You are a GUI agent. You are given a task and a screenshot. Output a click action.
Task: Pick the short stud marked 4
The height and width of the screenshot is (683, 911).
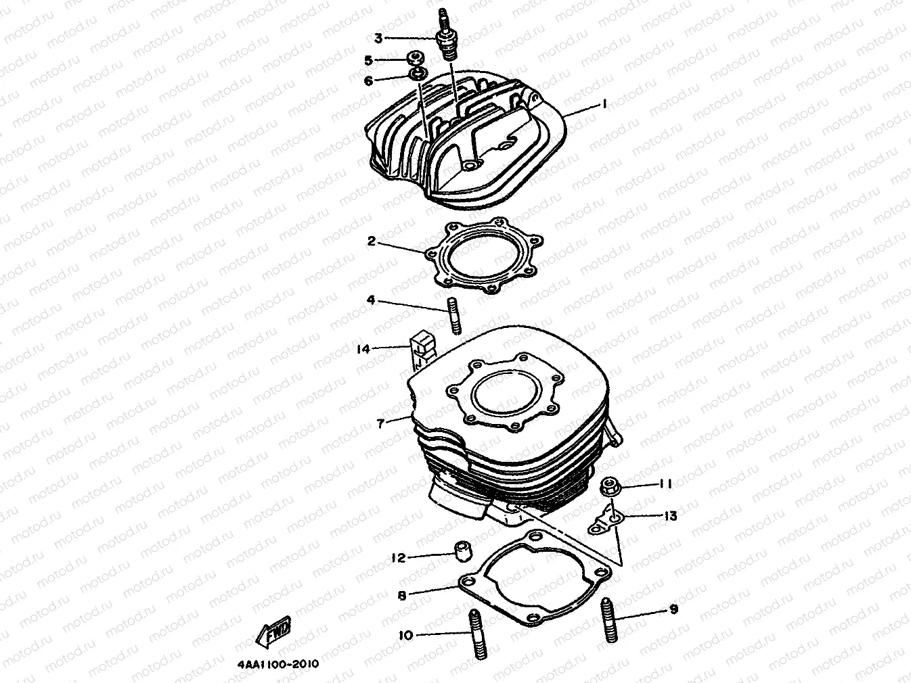coord(454,315)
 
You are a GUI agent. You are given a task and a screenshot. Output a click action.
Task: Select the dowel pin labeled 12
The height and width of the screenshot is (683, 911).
coord(463,550)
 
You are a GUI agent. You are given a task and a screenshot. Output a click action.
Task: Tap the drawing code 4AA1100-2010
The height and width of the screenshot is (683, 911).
coord(277,664)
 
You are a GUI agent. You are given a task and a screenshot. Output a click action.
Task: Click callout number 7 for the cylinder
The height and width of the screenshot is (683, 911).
coord(381,423)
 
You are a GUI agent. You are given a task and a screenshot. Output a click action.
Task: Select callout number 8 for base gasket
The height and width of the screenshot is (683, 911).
coord(402,595)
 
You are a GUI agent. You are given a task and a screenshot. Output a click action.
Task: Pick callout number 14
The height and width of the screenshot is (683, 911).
coord(364,349)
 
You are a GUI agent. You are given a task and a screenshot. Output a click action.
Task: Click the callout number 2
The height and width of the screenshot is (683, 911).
coord(372,241)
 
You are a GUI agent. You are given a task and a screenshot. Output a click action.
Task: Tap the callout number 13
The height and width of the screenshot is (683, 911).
coord(670,516)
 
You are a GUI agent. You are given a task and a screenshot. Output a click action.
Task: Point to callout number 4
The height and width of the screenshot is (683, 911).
coord(371,300)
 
